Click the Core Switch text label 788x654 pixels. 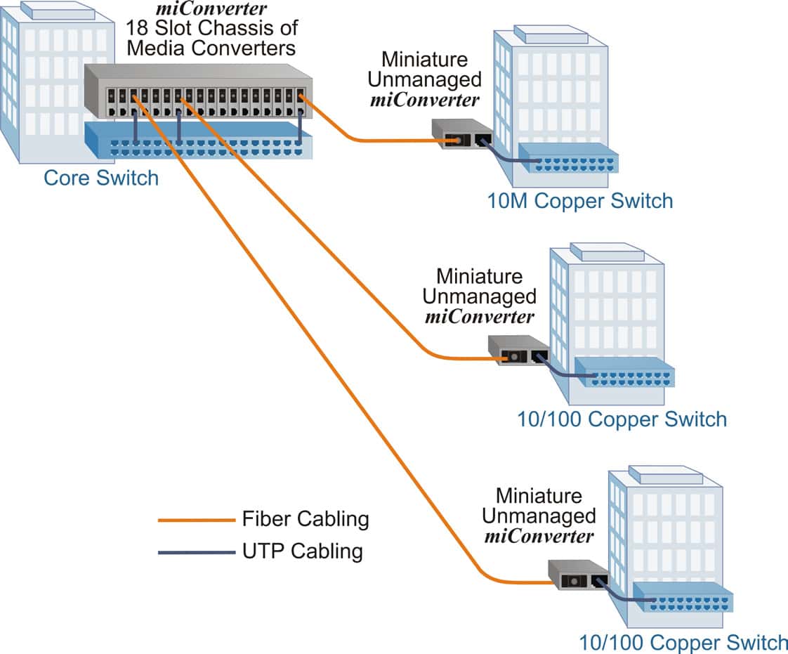(101, 178)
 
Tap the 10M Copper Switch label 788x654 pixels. (580, 201)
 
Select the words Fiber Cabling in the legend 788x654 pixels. (305, 519)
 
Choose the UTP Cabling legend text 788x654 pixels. (302, 551)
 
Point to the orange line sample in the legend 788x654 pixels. (195, 521)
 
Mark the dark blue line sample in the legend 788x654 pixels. (195, 553)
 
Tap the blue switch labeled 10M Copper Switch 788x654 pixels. (569, 159)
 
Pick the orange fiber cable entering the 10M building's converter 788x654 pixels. (393, 141)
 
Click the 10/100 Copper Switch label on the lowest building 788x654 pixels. (683, 643)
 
